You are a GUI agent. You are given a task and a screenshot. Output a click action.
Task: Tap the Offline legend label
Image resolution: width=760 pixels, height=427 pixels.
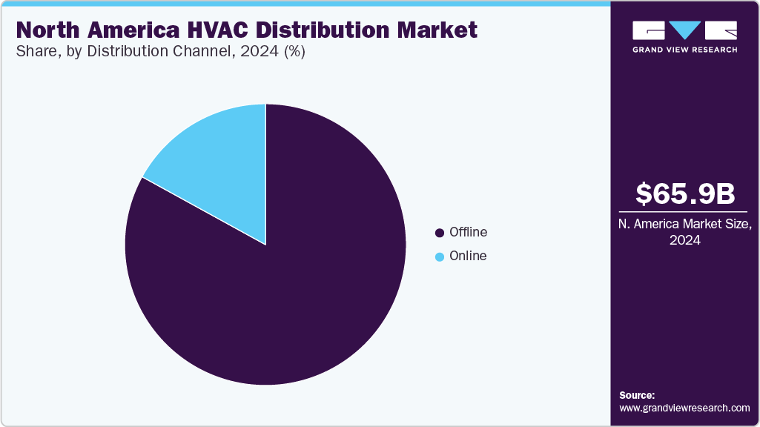pyautogui.click(x=468, y=232)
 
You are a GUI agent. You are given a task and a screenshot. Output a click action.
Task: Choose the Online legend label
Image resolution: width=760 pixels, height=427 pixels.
pyautogui.click(x=468, y=256)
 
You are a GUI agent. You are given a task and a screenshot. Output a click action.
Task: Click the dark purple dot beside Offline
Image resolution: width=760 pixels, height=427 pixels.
pyautogui.click(x=440, y=233)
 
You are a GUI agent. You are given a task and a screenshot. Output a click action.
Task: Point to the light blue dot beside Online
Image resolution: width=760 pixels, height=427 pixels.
pyautogui.click(x=440, y=256)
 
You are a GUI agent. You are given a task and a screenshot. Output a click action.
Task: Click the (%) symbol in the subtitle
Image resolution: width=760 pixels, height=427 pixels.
pyautogui.click(x=291, y=52)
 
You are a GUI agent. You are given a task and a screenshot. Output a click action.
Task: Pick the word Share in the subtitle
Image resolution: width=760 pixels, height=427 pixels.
pyautogui.click(x=34, y=52)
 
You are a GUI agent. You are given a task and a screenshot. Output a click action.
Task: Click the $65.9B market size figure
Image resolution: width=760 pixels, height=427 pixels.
pyautogui.click(x=685, y=193)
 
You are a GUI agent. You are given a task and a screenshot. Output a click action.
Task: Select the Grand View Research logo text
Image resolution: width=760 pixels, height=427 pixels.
pyautogui.click(x=684, y=50)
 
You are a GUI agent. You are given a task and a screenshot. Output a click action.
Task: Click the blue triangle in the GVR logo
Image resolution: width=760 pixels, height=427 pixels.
pyautogui.click(x=684, y=30)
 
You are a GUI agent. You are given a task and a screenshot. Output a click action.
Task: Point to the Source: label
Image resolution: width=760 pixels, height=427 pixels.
pyautogui.click(x=637, y=395)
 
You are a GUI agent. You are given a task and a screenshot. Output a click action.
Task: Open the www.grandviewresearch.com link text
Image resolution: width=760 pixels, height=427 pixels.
pyautogui.click(x=684, y=408)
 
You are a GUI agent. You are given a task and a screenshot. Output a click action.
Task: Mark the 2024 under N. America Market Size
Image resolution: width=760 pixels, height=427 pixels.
pyautogui.click(x=685, y=240)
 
